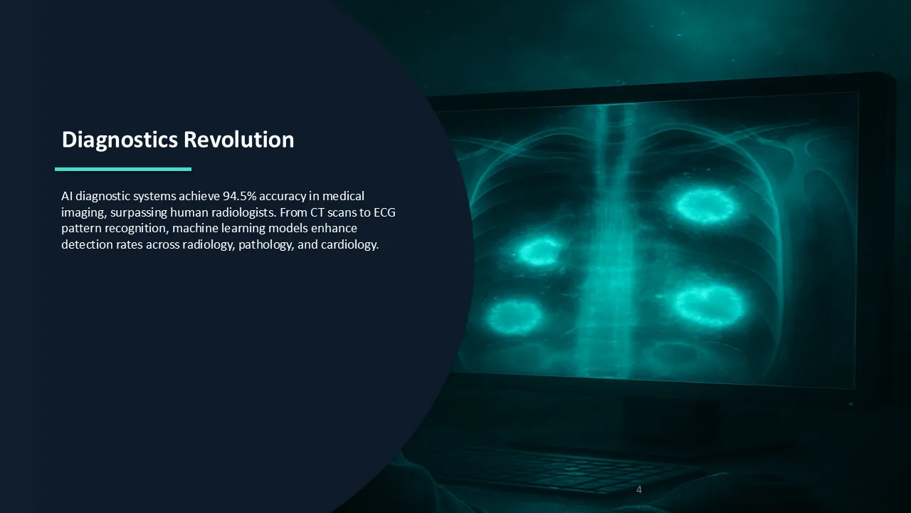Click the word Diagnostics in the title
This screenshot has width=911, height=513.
coord(120,140)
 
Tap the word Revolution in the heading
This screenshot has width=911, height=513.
coord(238,139)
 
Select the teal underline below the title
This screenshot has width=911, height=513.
coord(123,169)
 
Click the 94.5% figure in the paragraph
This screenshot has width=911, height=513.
coord(240,196)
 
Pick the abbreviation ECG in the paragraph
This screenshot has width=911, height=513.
coord(384,212)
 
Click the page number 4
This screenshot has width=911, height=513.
coord(639,489)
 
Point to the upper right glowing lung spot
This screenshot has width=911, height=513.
coord(705,206)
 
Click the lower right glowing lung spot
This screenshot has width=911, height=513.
coord(708,306)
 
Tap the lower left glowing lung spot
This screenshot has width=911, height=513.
coord(514,316)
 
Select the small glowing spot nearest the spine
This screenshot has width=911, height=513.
coord(539,252)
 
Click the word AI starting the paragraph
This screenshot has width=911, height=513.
coord(67,196)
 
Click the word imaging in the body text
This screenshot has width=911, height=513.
coord(84,212)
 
